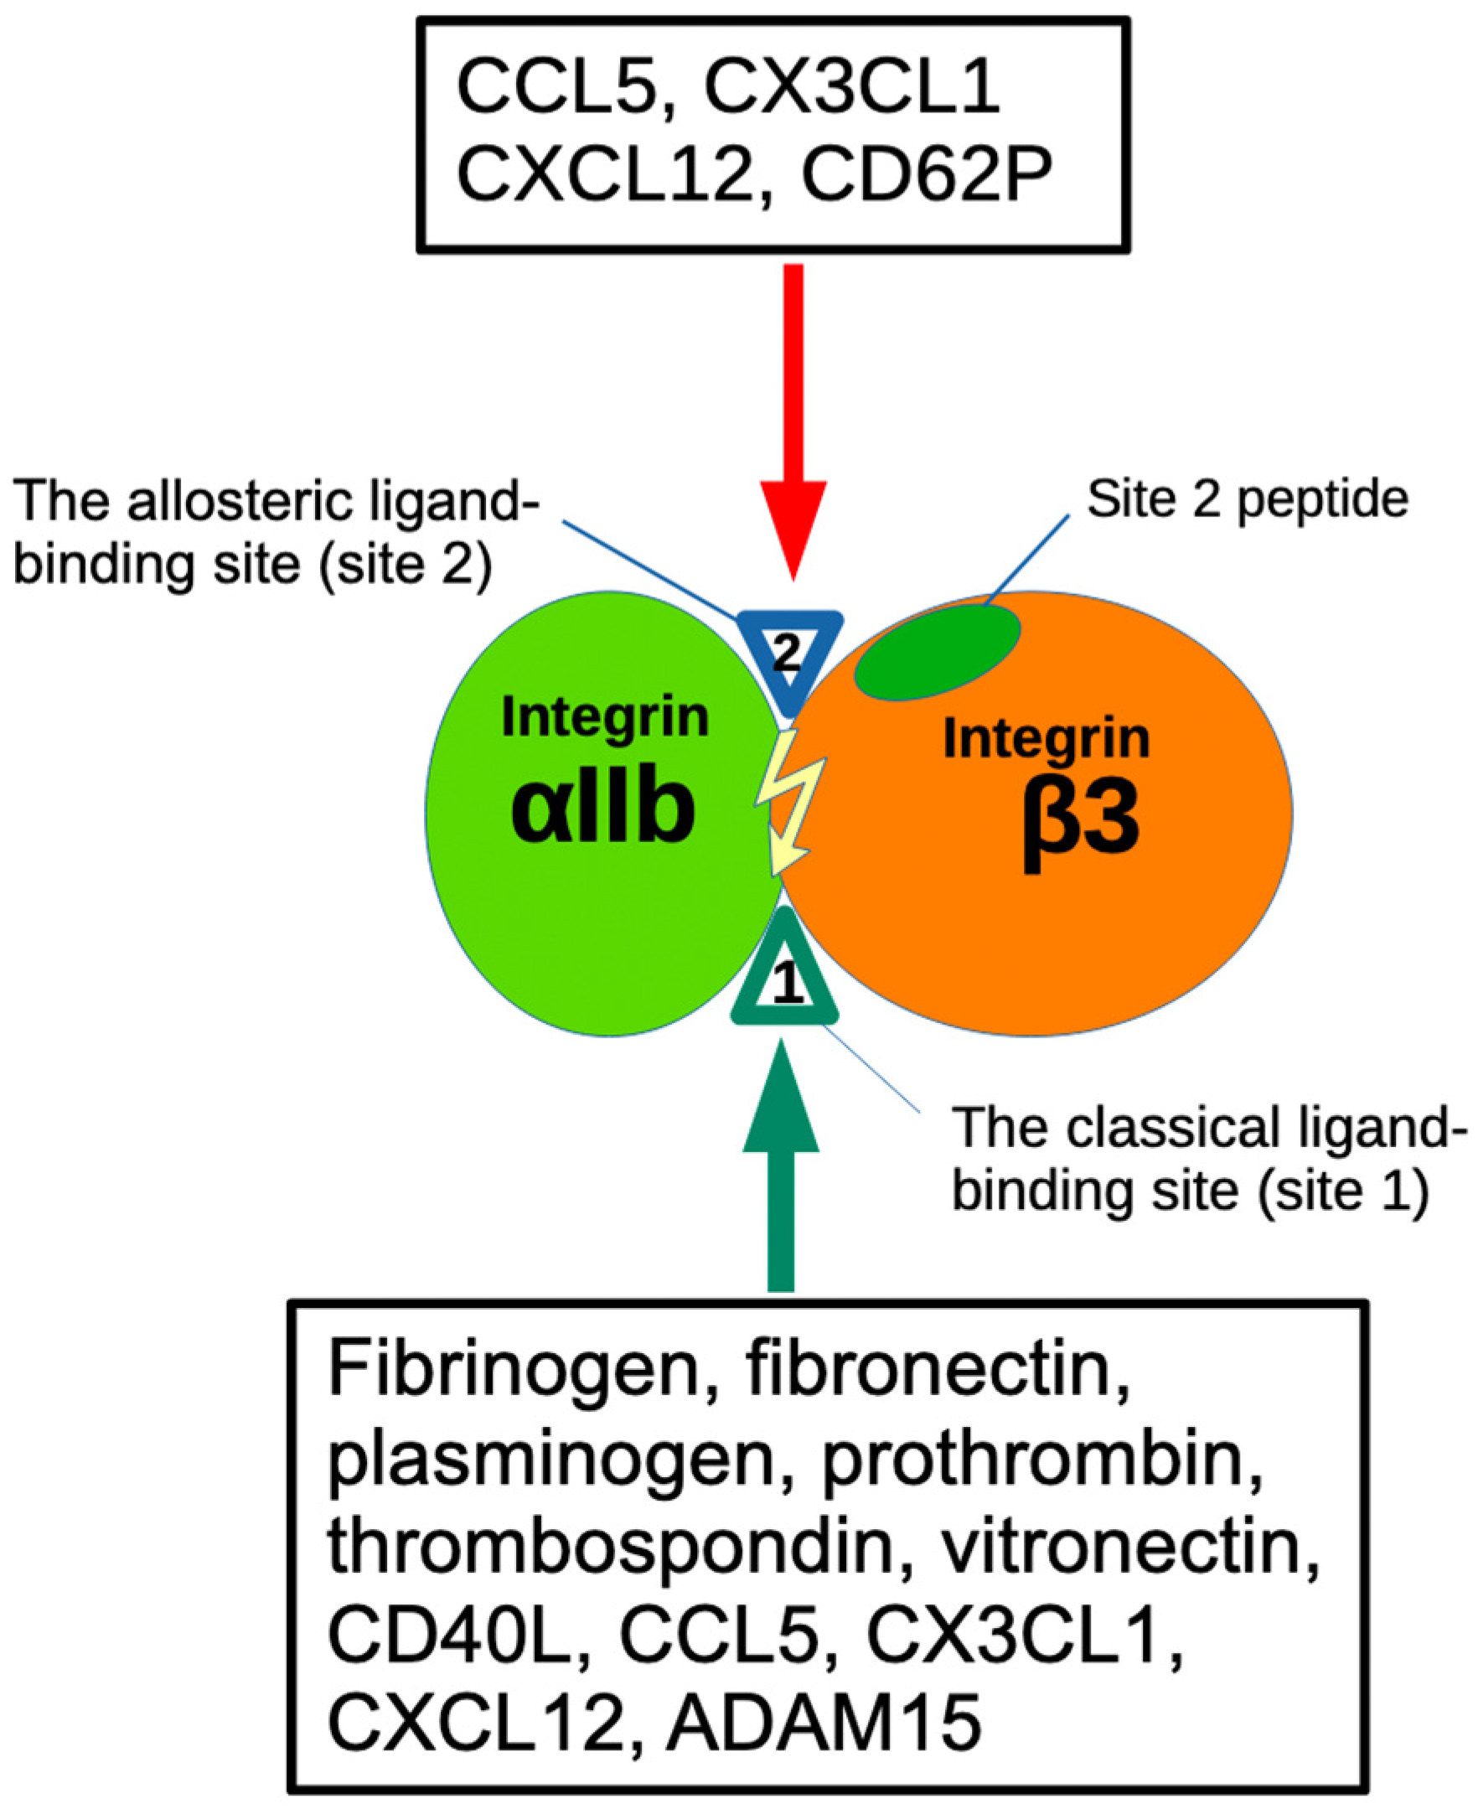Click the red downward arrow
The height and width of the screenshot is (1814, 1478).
point(793,426)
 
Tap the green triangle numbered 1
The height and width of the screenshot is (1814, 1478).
point(785,979)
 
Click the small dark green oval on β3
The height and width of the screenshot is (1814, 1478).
point(937,652)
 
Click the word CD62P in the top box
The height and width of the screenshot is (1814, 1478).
point(927,173)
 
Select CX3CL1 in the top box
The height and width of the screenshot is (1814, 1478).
point(851,87)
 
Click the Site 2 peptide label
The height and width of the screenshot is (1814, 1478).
point(1248,499)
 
